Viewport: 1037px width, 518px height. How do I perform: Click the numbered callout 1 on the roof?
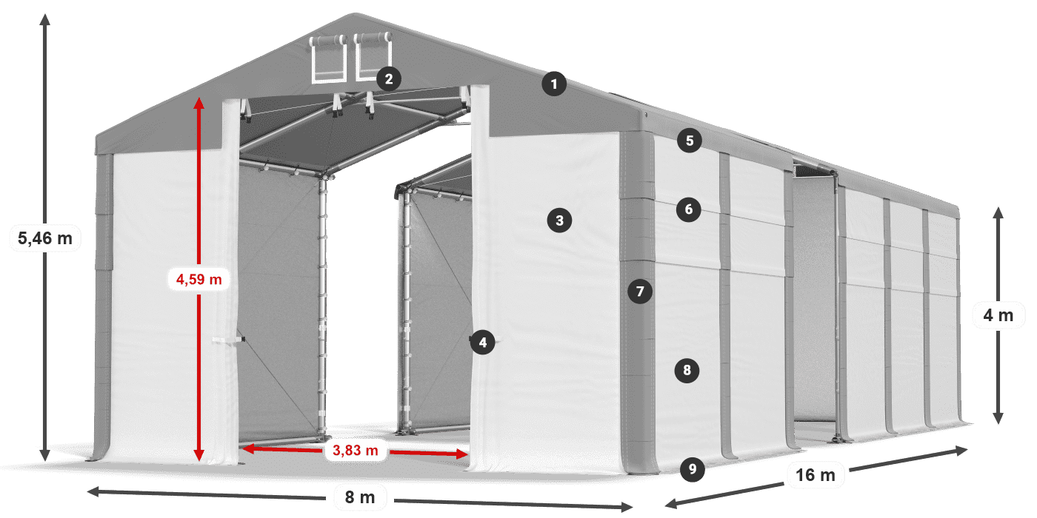553,84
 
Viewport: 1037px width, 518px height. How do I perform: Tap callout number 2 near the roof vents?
389,78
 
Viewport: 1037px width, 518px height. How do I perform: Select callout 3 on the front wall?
559,220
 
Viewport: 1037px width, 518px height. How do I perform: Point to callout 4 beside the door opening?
482,342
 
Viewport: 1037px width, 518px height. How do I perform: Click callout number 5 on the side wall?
690,141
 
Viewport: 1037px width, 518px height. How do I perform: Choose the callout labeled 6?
689,209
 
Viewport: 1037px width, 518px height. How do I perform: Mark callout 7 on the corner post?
640,291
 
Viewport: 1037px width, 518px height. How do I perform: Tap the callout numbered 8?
687,370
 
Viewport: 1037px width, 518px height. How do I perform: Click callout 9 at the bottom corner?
692,468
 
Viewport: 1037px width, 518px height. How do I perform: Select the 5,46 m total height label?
44,238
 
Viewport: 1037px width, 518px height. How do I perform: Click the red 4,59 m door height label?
199,279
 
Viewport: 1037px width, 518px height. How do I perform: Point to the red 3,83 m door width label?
356,449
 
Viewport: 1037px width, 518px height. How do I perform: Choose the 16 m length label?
816,475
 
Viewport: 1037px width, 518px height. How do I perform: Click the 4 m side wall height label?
998,316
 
